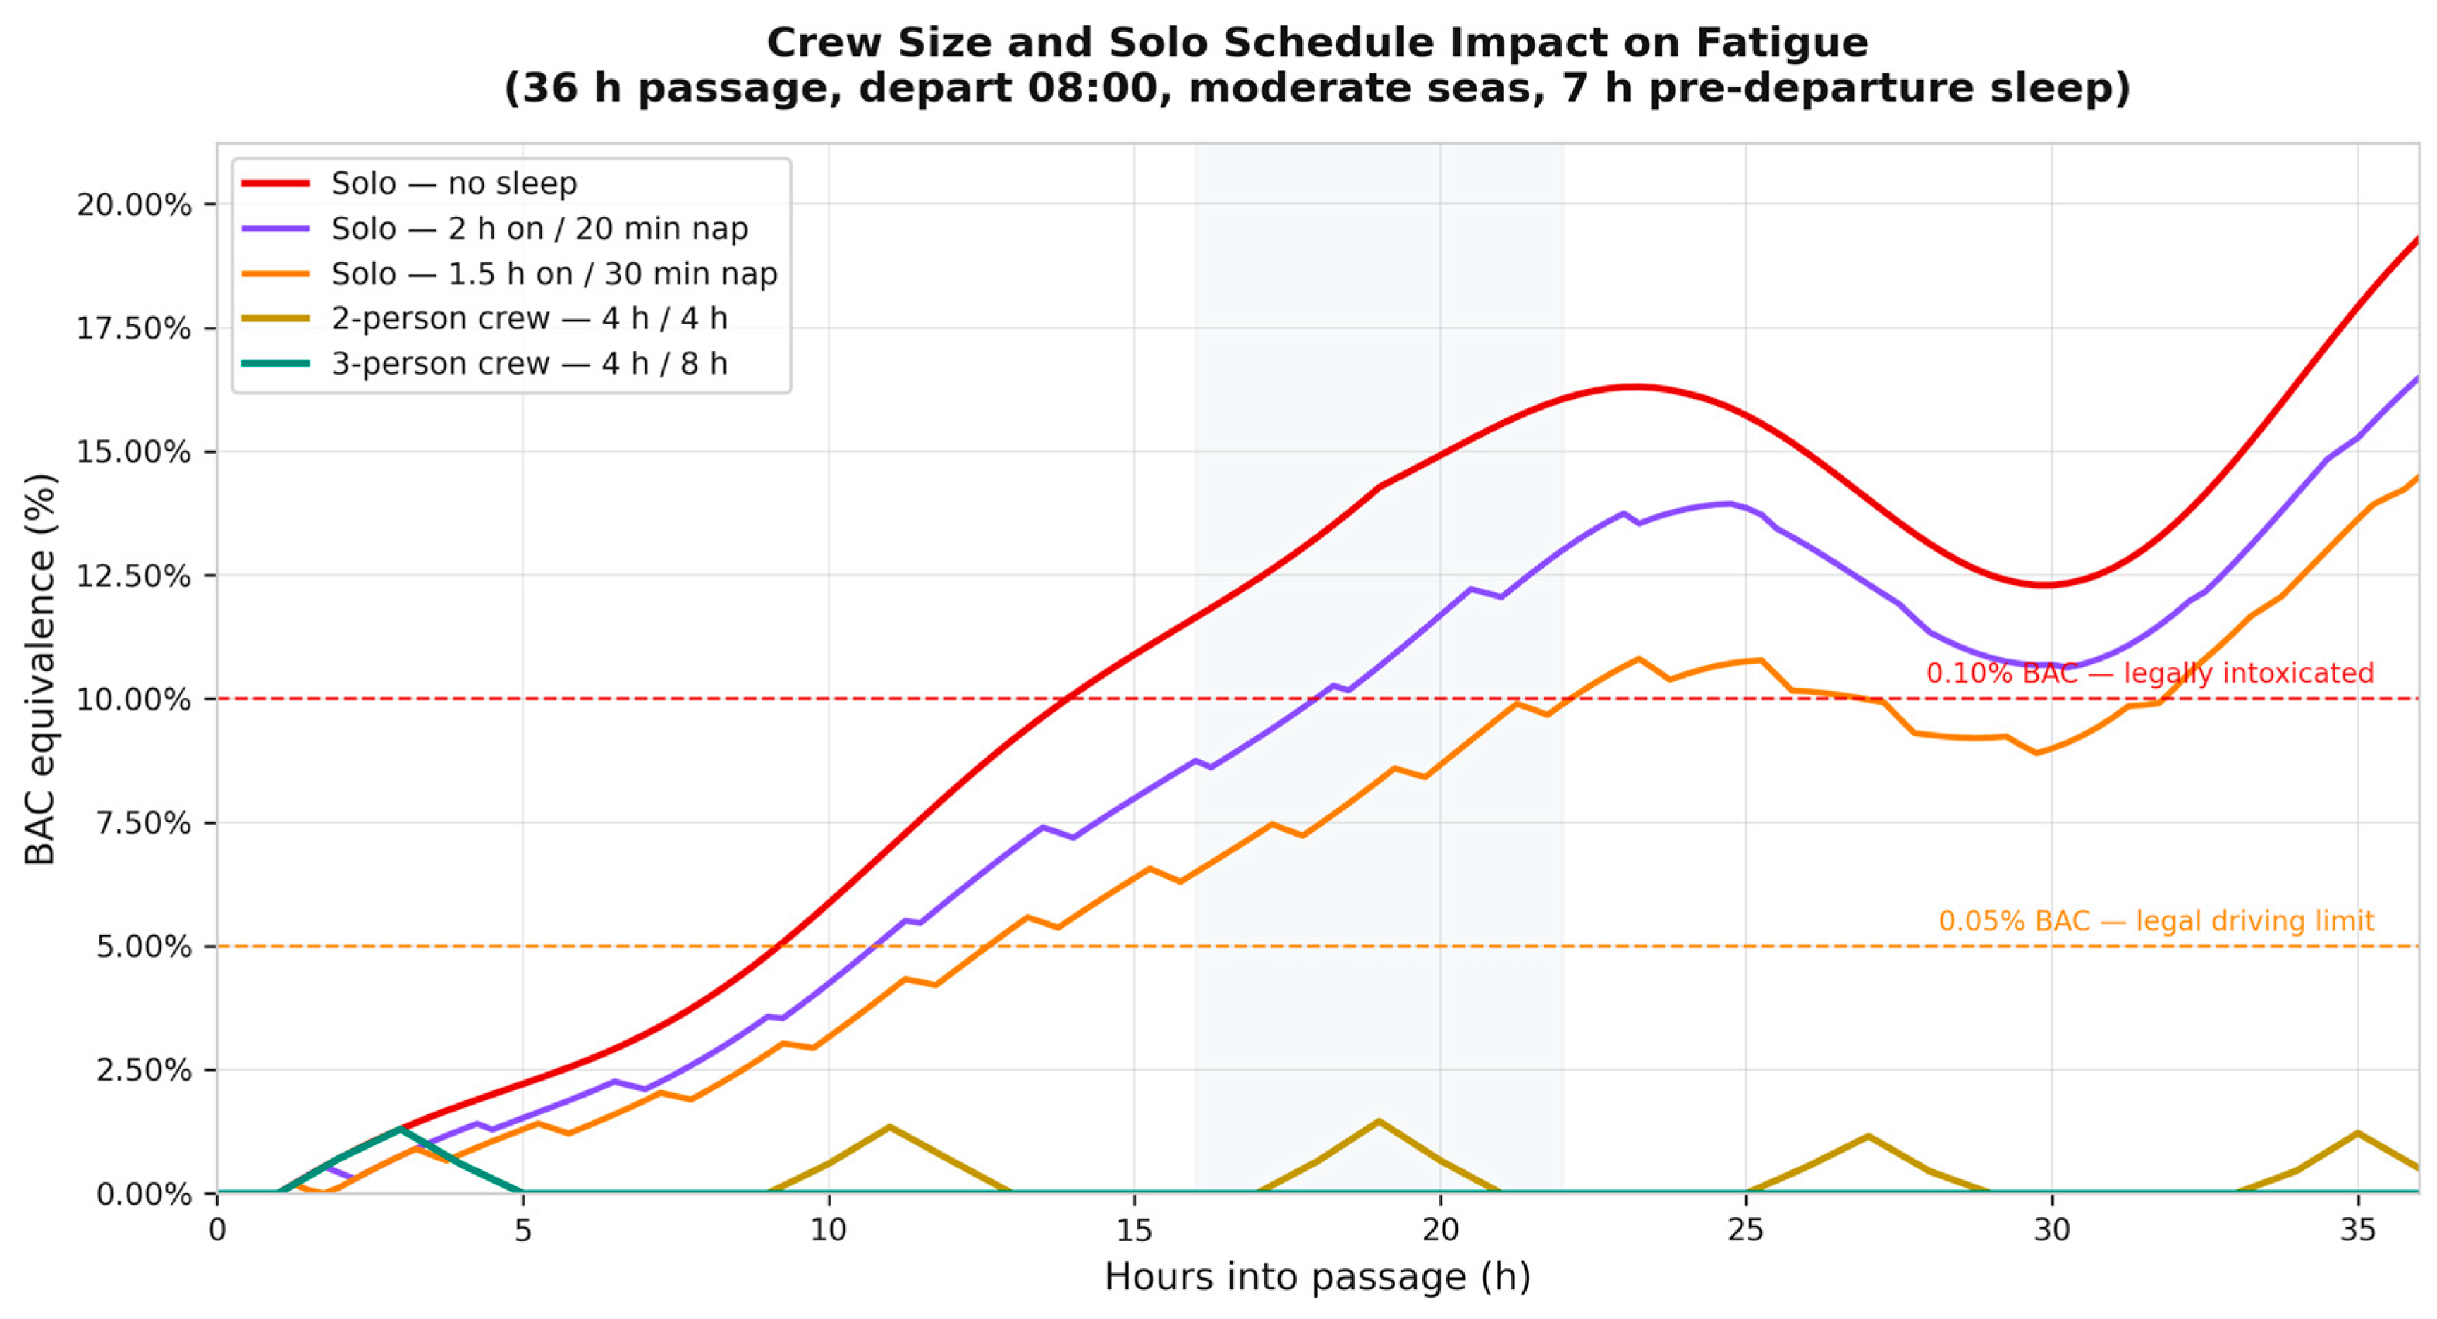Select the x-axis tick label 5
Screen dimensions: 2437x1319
[523, 1229]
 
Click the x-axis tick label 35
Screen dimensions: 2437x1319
[2357, 1229]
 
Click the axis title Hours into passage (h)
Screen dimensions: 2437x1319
[1318, 1277]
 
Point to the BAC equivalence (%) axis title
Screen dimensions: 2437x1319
[39, 669]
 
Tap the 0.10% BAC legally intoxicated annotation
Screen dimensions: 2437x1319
[2149, 673]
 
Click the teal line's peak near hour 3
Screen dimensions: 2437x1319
[401, 1129]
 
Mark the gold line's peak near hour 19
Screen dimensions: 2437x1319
[1379, 1122]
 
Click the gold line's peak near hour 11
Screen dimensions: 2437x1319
[889, 1127]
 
